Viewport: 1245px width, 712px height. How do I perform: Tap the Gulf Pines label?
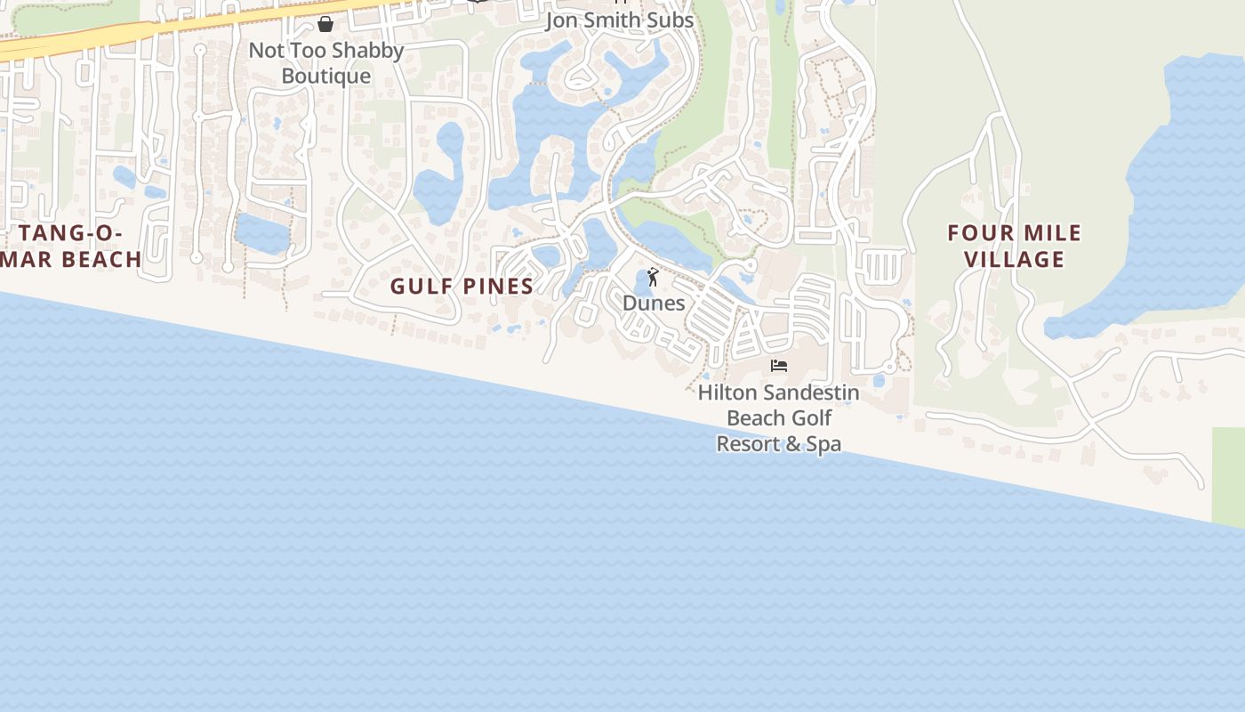(x=462, y=286)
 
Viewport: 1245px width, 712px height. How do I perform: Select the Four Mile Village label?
(x=1015, y=247)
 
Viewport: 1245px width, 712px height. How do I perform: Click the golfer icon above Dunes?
(x=653, y=278)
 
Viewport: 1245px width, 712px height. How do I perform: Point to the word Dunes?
(x=654, y=303)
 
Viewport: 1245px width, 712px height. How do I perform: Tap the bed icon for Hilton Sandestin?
(x=779, y=366)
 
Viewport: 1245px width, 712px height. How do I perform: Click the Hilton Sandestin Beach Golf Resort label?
(x=779, y=417)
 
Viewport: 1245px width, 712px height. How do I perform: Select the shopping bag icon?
(x=325, y=24)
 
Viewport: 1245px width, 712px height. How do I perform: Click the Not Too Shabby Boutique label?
(x=325, y=63)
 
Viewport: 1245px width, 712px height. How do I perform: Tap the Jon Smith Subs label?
(x=619, y=20)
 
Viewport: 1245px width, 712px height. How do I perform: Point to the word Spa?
(x=823, y=443)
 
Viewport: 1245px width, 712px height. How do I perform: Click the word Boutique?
(x=325, y=77)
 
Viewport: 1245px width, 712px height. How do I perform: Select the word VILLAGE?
(x=1015, y=260)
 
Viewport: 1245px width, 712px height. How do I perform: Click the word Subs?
(x=671, y=20)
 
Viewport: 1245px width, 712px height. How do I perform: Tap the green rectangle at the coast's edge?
(x=1228, y=476)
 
